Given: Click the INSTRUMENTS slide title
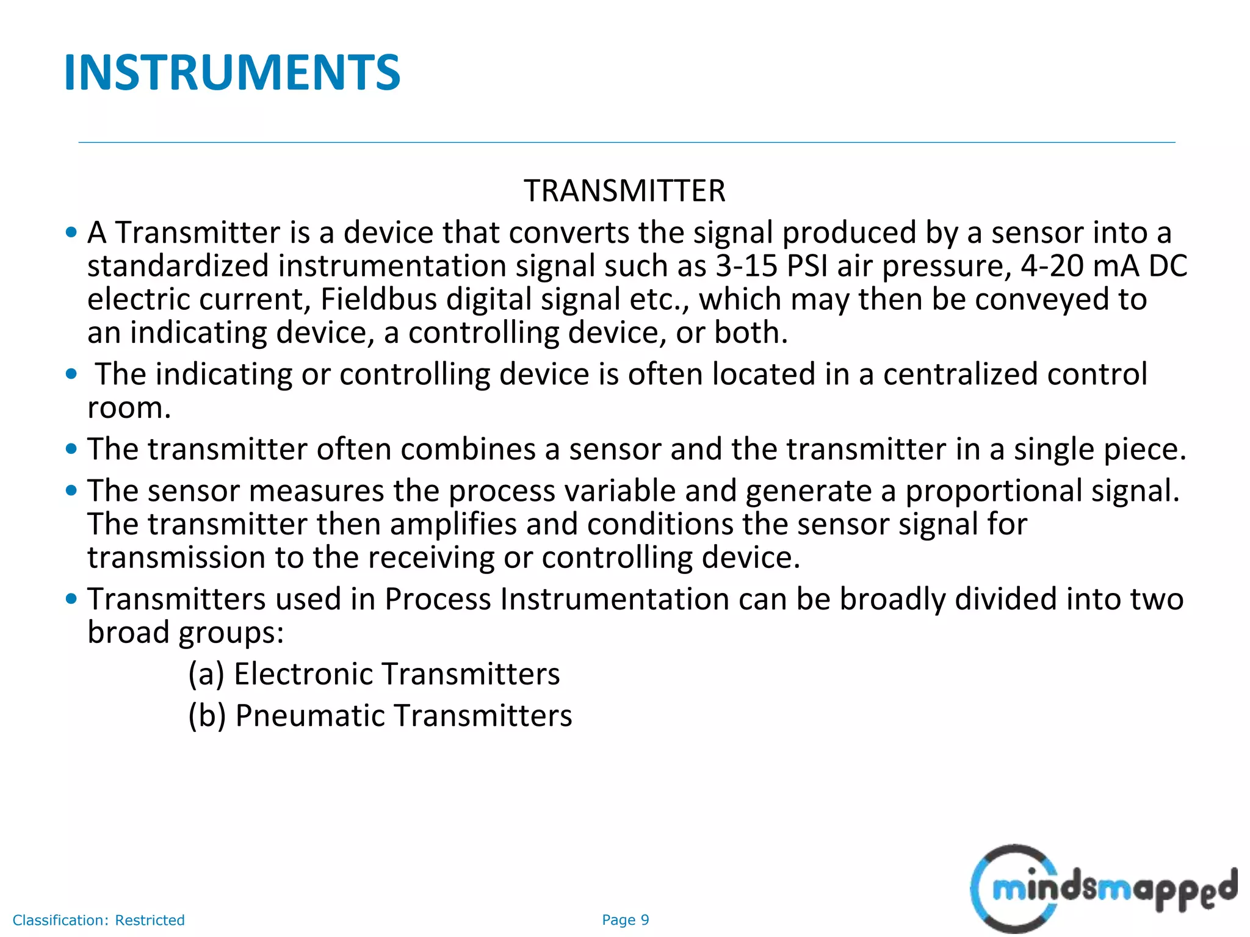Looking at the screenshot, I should click(232, 73).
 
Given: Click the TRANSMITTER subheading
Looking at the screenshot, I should click(624, 191).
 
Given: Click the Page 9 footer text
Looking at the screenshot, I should click(625, 920).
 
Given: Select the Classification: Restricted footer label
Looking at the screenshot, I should click(99, 920).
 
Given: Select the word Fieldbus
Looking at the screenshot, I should click(379, 300).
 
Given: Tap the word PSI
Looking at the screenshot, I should click(807, 266).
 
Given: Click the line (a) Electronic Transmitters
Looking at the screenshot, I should click(374, 674).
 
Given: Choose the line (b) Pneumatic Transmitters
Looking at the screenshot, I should click(380, 716).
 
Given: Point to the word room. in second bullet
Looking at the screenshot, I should click(129, 407).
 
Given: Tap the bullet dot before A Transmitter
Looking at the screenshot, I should click(71, 232).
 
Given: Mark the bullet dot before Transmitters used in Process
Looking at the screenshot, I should click(71, 598).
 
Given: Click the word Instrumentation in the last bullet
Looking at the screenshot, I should click(615, 599).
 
